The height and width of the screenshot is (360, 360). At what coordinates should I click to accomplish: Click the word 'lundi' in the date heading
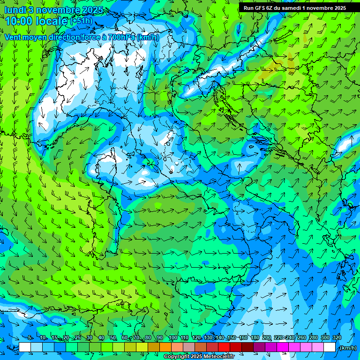15,10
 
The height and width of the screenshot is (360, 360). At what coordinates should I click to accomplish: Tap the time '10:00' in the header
18,21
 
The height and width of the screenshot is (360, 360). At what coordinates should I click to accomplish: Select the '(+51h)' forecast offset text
82,21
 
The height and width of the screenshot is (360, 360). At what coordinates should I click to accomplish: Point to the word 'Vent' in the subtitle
14,37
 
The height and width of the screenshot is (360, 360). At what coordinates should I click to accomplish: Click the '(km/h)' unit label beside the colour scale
347,348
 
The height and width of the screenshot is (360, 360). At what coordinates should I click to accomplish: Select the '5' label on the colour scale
30,337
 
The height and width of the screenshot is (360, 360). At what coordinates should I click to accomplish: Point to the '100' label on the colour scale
172,337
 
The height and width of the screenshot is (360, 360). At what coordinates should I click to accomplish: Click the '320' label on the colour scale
337,337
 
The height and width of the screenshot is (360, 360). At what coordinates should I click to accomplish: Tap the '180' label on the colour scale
255,337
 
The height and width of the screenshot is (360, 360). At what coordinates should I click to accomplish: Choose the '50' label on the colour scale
113,337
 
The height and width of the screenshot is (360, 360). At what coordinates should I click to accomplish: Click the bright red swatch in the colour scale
224,347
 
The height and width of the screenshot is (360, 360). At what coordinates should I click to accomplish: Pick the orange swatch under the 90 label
165,347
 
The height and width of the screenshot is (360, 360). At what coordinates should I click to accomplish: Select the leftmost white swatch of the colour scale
25,347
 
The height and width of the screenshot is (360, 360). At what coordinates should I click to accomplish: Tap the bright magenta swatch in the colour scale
283,347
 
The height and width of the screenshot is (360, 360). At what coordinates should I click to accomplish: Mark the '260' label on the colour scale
301,337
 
